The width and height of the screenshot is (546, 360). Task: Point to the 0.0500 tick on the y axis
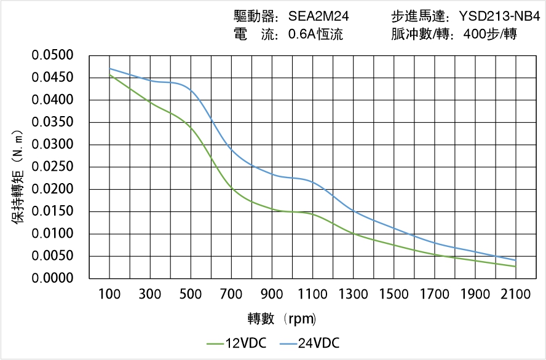click(x=61, y=56)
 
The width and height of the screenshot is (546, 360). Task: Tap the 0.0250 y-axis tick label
click(x=61, y=167)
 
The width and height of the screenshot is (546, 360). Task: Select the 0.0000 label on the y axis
click(x=61, y=278)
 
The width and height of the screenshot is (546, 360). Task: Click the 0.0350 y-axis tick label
click(x=61, y=122)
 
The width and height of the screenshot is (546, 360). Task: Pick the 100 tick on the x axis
click(x=110, y=294)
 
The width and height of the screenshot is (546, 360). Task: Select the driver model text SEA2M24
click(x=318, y=17)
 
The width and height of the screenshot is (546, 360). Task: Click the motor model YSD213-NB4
click(x=499, y=17)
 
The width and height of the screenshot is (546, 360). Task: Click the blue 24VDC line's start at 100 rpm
click(x=110, y=68)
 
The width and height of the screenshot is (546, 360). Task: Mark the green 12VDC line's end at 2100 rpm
click(x=515, y=267)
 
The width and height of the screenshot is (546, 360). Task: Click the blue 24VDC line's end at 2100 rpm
click(x=515, y=260)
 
